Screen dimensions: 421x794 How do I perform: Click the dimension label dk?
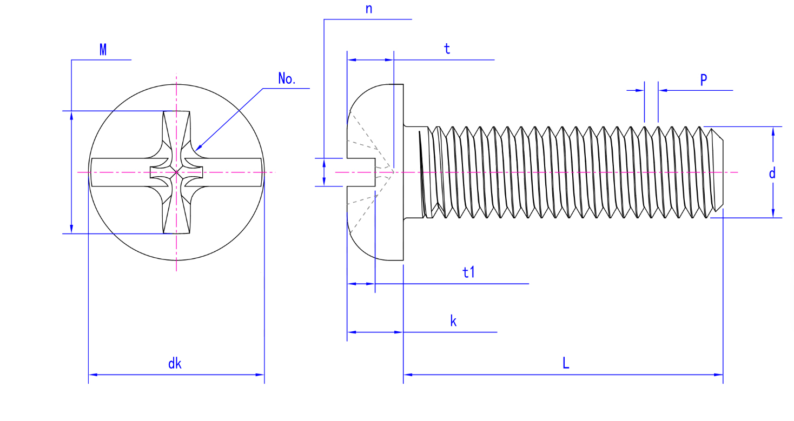click(175, 364)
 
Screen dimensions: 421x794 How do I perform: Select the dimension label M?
click(103, 50)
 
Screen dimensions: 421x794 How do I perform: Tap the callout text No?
click(287, 79)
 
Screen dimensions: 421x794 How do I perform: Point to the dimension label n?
click(369, 9)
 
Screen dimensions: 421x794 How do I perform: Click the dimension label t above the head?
click(447, 49)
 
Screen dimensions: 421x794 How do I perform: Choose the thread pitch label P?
click(703, 81)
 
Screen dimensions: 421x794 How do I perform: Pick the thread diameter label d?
click(772, 173)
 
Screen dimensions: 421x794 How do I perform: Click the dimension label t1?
click(468, 273)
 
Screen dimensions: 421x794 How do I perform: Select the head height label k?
click(453, 322)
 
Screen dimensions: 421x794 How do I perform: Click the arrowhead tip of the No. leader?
click(196, 149)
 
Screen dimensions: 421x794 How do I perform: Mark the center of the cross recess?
click(176, 172)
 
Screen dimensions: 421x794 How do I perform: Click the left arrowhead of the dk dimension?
click(91, 374)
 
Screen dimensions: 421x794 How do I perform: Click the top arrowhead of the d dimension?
click(773, 129)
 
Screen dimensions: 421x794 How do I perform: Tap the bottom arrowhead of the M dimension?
click(71, 231)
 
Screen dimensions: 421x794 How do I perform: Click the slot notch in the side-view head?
click(361, 172)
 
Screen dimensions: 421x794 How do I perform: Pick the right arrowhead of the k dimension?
click(401, 332)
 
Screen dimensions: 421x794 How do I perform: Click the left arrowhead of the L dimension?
click(406, 374)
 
